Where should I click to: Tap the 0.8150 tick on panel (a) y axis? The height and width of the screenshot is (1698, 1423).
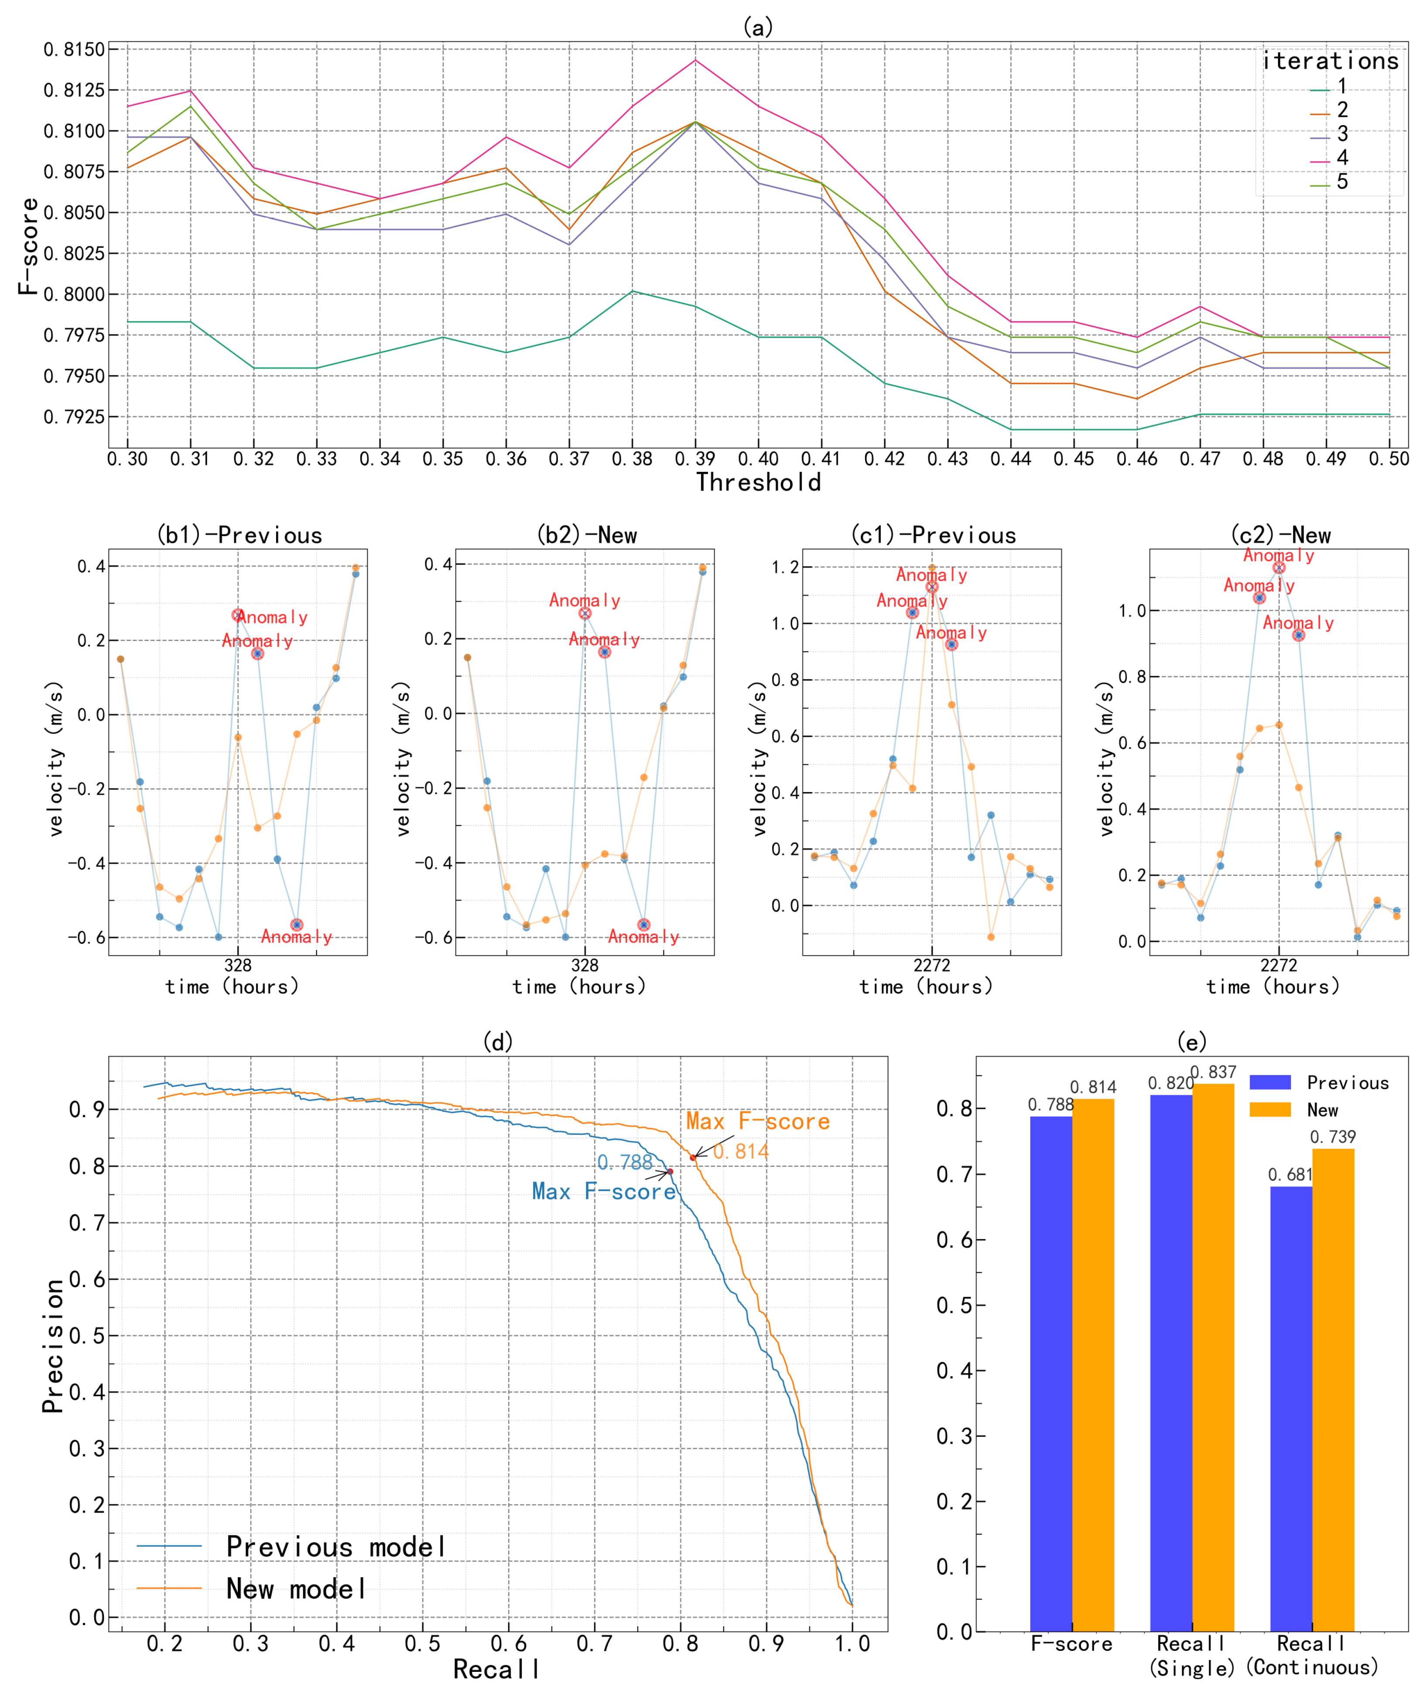pyautogui.click(x=75, y=49)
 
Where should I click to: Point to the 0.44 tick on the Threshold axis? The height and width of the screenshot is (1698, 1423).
pyautogui.click(x=1011, y=459)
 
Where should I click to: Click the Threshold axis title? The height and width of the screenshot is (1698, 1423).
pyautogui.click(x=758, y=483)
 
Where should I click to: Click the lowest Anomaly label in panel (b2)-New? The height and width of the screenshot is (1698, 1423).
pyautogui.click(x=643, y=937)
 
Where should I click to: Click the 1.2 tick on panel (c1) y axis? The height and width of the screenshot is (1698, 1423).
pyautogui.click(x=784, y=567)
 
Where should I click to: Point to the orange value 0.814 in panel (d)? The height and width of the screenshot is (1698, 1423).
pyautogui.click(x=741, y=1151)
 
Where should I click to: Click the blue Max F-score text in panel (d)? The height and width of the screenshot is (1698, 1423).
pyautogui.click(x=603, y=1192)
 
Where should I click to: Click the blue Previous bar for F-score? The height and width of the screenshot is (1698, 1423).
pyautogui.click(x=1050, y=1374)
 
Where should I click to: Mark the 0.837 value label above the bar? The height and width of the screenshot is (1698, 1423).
pyautogui.click(x=1213, y=1072)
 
